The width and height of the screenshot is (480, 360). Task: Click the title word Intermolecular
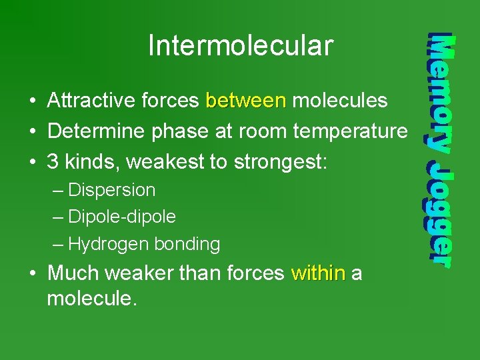pyautogui.click(x=240, y=46)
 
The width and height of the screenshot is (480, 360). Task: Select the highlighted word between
pyautogui.click(x=246, y=101)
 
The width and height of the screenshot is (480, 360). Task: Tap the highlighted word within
pyautogui.click(x=318, y=273)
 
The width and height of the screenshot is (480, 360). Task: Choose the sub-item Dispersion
pyautogui.click(x=111, y=191)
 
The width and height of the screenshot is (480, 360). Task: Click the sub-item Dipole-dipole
pyautogui.click(x=122, y=217)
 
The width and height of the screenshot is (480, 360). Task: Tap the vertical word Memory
pyautogui.click(x=441, y=93)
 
